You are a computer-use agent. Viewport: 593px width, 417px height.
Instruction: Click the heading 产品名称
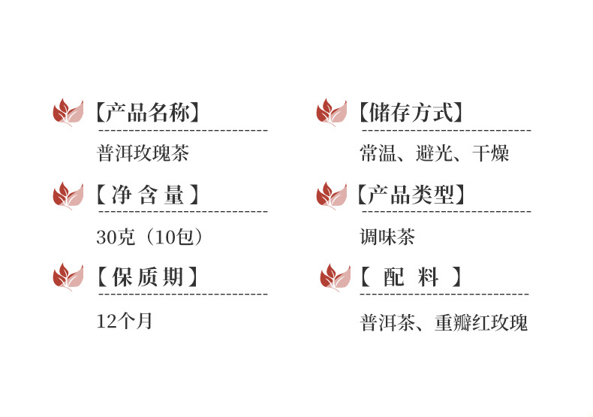click(148, 113)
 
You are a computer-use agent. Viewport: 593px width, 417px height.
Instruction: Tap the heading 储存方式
click(410, 113)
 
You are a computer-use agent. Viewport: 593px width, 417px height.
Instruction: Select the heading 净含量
click(148, 196)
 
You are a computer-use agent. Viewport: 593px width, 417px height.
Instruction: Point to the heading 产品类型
click(410, 196)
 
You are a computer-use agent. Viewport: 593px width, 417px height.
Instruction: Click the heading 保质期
click(148, 277)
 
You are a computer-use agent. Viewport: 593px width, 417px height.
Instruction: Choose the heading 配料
click(410, 277)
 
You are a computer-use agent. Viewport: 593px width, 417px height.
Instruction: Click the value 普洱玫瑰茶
click(143, 155)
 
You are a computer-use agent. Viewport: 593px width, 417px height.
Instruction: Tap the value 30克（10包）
click(150, 237)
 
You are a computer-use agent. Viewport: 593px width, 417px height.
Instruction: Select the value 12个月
click(125, 322)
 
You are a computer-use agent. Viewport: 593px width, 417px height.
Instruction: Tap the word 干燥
click(491, 155)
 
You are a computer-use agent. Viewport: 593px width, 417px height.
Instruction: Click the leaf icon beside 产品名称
click(68, 113)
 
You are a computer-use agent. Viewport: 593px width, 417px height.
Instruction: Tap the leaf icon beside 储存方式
click(331, 113)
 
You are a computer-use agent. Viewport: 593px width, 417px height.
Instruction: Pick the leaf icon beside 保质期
click(68, 277)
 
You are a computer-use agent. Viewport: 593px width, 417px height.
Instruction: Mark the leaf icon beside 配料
click(335, 278)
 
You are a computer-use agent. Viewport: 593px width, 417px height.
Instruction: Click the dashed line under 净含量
click(182, 213)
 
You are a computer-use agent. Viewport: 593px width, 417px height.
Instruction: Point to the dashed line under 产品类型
click(445, 213)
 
